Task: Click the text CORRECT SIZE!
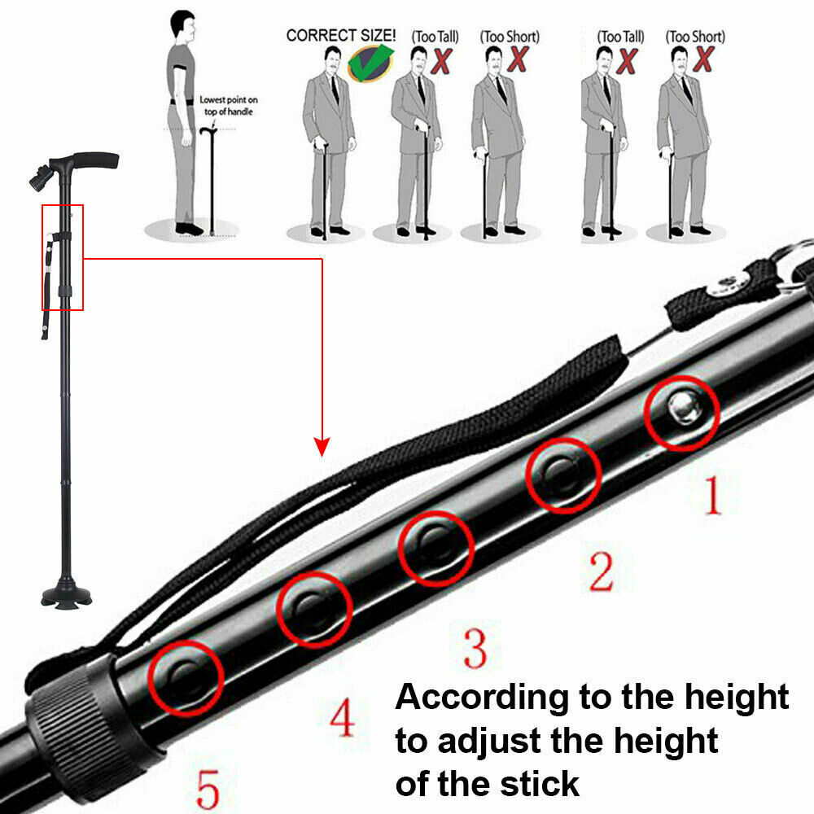pyautogui.click(x=340, y=36)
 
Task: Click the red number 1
pyautogui.click(x=713, y=497)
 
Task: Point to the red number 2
pyautogui.click(x=601, y=572)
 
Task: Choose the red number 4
pyautogui.click(x=342, y=719)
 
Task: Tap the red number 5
pyautogui.click(x=208, y=789)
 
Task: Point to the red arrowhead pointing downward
pyautogui.click(x=323, y=446)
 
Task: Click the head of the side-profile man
pyautogui.click(x=185, y=27)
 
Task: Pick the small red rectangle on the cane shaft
pyautogui.click(x=63, y=257)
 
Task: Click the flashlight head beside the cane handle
pyautogui.click(x=42, y=176)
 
